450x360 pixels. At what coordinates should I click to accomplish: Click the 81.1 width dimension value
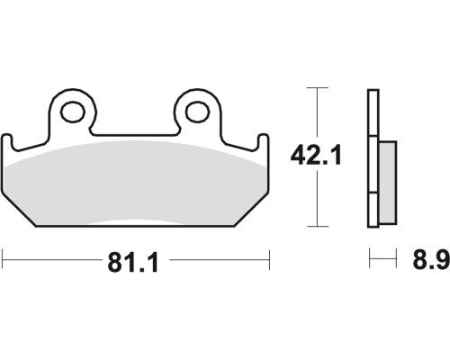coord(133,263)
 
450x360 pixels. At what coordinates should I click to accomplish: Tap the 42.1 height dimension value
coord(316,155)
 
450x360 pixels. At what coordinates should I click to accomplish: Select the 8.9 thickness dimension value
coord(431,259)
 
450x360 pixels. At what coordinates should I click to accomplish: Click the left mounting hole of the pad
coord(72,112)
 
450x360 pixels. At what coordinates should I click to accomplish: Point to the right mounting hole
coord(197,112)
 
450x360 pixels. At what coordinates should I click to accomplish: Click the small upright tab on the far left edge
coord(7,142)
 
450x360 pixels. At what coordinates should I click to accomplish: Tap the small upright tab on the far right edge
coord(264,142)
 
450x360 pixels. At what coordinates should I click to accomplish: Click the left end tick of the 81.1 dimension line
coord(3,259)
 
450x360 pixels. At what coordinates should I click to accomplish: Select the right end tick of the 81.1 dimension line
coord(269,259)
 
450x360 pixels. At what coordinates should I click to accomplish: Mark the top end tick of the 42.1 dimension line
coord(317,87)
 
